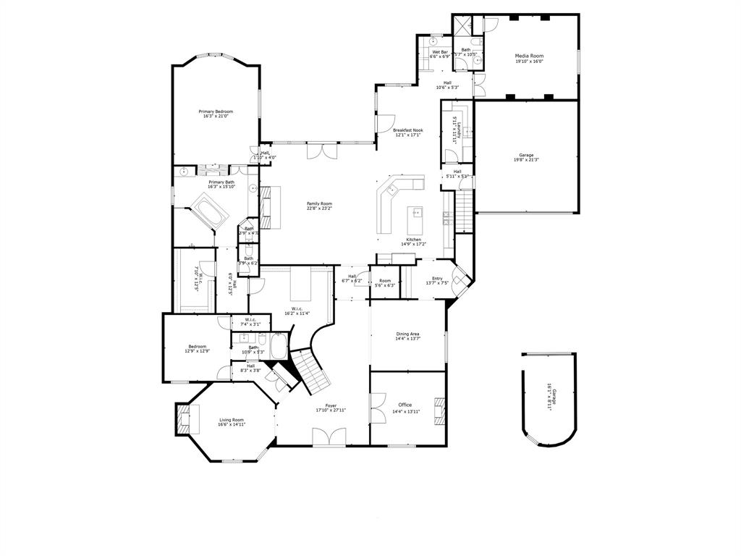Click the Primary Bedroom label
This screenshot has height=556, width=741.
(216, 114)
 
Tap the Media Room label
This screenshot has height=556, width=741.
(529, 58)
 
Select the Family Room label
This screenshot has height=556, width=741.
(318, 206)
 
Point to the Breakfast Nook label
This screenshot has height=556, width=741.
(408, 132)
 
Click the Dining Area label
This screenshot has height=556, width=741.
(407, 336)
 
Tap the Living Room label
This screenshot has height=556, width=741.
(232, 422)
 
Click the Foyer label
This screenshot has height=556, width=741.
(331, 408)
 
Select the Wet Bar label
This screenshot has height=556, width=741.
(440, 54)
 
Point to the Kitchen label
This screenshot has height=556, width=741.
(413, 242)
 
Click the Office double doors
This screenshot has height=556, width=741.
(378, 408)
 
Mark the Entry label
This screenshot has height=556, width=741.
(437, 281)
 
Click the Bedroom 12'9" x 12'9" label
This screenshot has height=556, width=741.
(197, 348)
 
